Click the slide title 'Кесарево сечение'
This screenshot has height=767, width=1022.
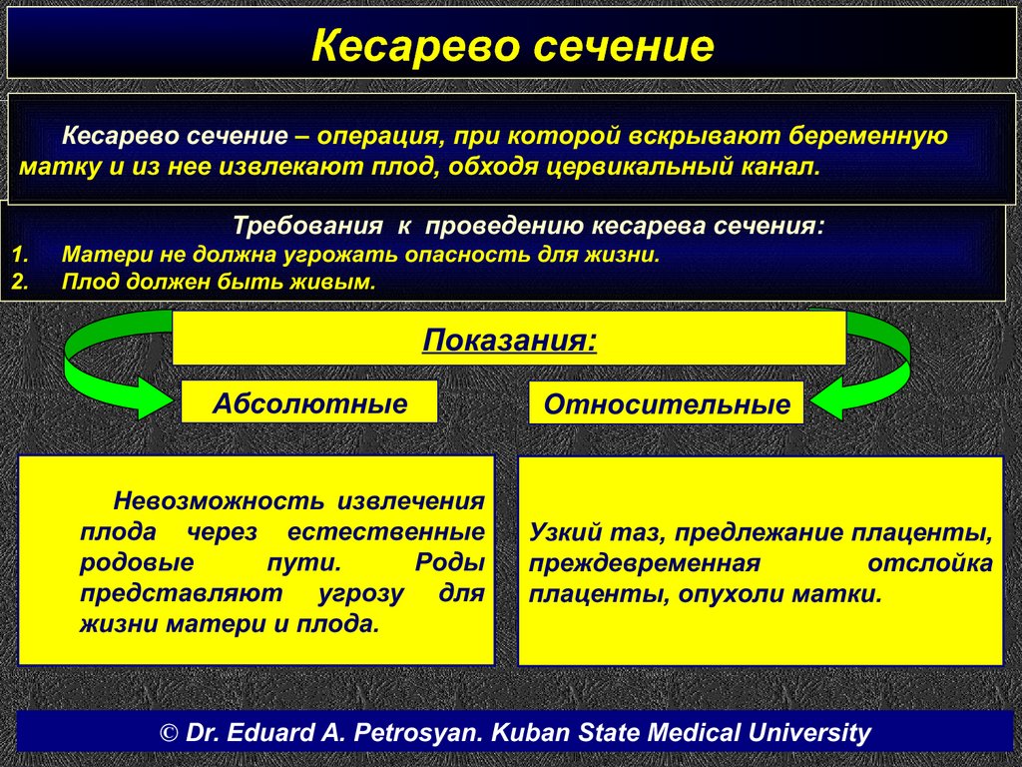(512, 46)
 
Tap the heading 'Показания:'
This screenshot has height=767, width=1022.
(509, 341)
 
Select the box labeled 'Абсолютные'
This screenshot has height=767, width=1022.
(309, 402)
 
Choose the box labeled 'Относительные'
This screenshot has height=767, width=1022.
(666, 403)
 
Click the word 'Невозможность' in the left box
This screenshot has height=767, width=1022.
(219, 501)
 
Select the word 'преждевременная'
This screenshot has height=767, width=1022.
(644, 564)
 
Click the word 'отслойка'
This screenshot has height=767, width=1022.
(930, 563)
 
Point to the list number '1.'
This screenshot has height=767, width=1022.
(21, 254)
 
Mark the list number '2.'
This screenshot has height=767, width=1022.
(21, 282)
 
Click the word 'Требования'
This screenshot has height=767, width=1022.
(307, 226)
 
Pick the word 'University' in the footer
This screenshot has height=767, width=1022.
(808, 732)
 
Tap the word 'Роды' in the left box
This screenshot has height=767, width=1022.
(450, 562)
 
